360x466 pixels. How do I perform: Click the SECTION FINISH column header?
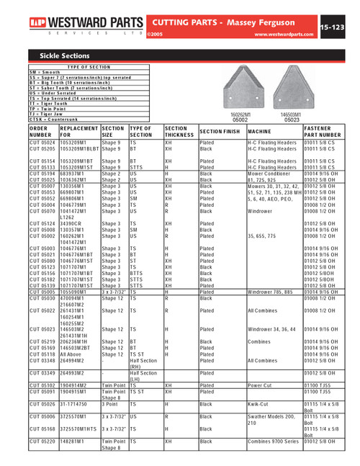coord(220,132)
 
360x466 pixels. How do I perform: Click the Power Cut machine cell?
coord(260,385)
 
